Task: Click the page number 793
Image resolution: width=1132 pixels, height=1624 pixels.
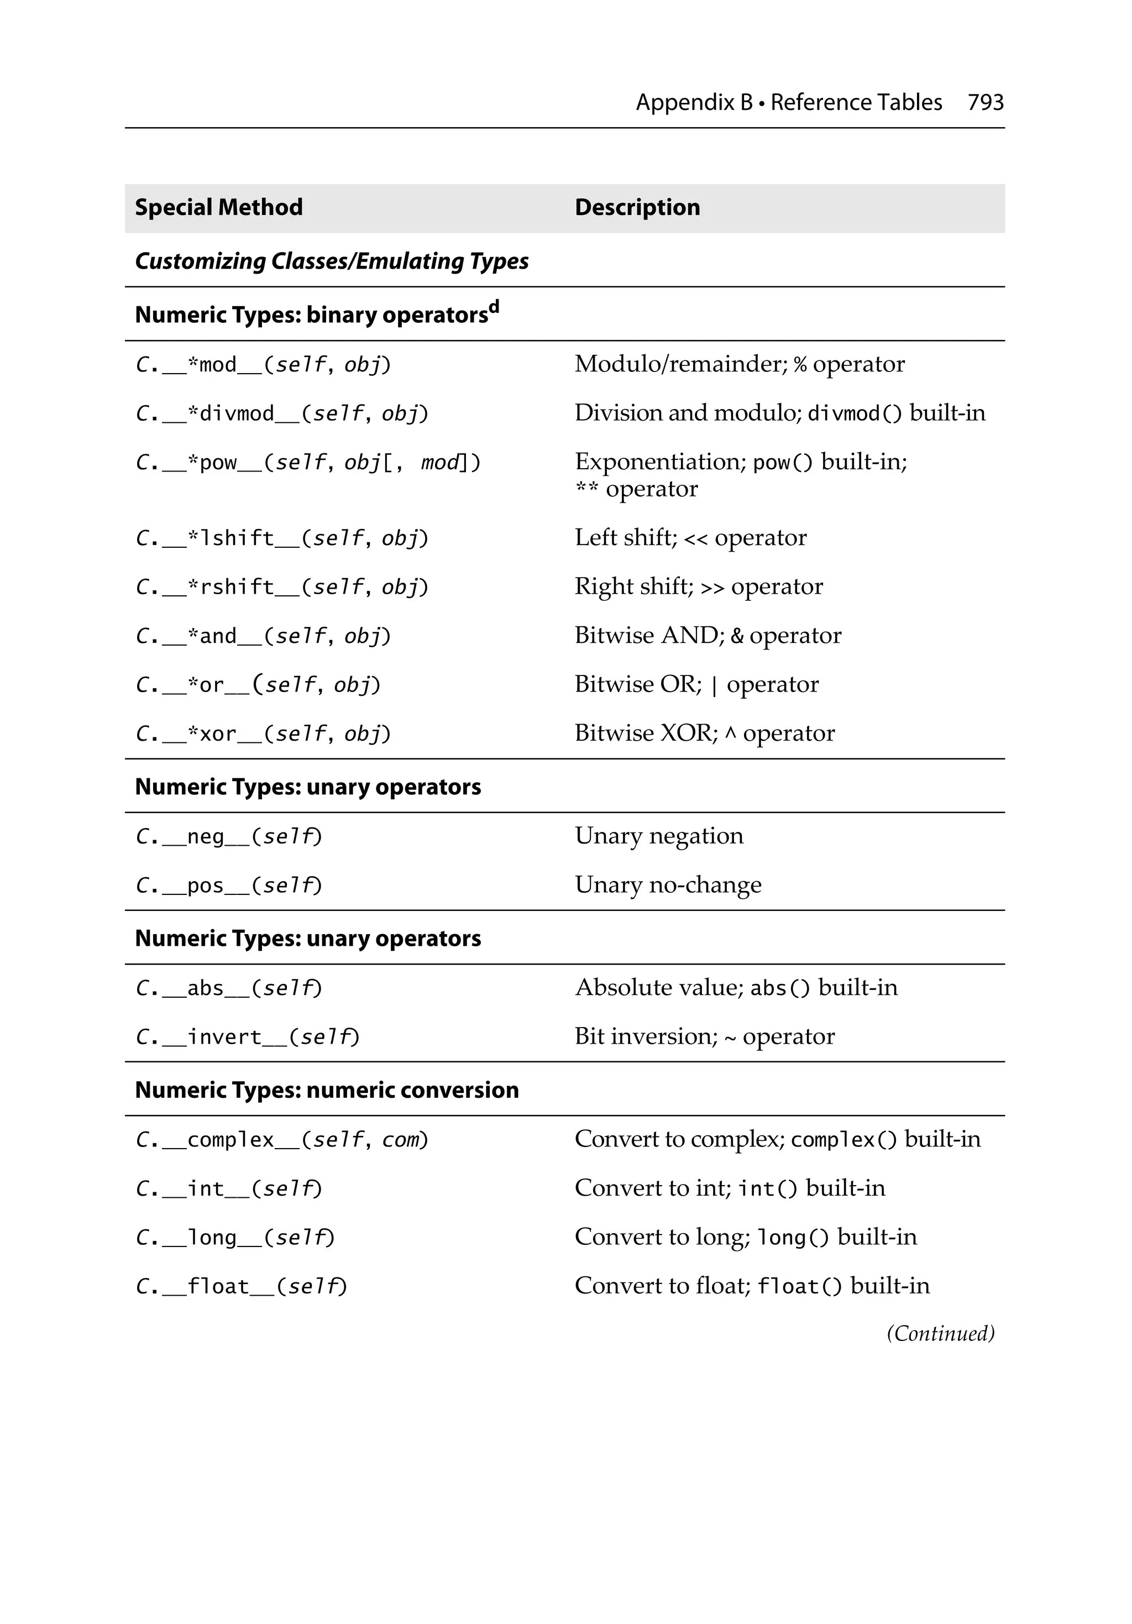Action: tap(985, 103)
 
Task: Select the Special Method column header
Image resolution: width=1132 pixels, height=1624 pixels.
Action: tap(219, 207)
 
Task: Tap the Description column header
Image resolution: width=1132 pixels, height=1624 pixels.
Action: tap(637, 207)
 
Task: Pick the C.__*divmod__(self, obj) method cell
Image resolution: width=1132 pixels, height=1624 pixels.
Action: tap(281, 413)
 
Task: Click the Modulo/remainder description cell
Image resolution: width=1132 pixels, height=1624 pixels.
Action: tap(740, 364)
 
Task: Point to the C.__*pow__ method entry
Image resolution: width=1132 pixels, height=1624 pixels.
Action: tap(308, 463)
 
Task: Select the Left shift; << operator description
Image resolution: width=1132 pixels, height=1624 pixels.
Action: tap(690, 538)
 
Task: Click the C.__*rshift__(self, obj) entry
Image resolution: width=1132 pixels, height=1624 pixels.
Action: tap(281, 587)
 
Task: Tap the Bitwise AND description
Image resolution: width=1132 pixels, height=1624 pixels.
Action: tap(707, 635)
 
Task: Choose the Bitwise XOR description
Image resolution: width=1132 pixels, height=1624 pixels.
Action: tap(704, 733)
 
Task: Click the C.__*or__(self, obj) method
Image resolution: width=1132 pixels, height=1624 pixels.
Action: tap(258, 685)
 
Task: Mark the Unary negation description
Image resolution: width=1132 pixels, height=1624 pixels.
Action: tap(659, 836)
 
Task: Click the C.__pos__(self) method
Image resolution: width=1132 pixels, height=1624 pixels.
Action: tap(228, 886)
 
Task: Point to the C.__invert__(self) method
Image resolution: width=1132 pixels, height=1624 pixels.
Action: tap(247, 1037)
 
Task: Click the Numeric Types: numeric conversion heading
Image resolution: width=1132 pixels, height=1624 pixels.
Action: tap(327, 1090)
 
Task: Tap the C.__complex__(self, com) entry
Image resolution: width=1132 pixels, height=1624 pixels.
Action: tap(281, 1139)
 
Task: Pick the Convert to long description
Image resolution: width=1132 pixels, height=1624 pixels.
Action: tap(745, 1237)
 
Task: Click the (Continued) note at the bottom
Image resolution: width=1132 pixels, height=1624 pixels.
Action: tap(940, 1333)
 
